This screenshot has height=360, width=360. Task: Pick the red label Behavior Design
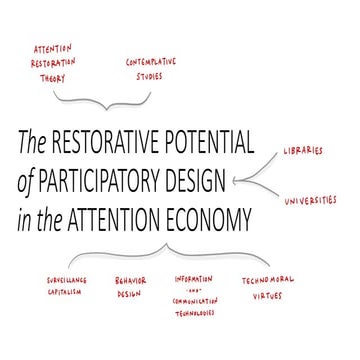coord(133,286)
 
